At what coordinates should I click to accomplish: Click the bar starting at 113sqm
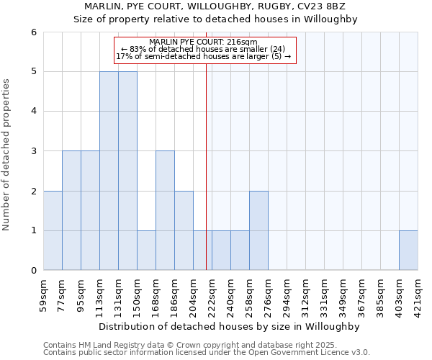tap(109, 171)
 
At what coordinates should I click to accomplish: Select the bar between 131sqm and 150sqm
tap(127, 171)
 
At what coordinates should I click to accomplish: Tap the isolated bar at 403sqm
tap(408, 251)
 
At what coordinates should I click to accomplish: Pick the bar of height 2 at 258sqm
tap(258, 230)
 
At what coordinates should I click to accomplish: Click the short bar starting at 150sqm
tap(146, 251)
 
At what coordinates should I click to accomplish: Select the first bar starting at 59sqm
tap(53, 230)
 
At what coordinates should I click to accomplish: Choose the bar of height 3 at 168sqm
tap(165, 210)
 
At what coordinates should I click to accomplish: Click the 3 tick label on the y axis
tap(33, 151)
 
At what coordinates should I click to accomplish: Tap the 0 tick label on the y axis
tap(33, 271)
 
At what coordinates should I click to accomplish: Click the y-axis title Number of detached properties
tap(7, 155)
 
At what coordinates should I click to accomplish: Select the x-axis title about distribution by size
tap(230, 326)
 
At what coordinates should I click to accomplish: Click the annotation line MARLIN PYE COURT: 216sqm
tap(205, 42)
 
